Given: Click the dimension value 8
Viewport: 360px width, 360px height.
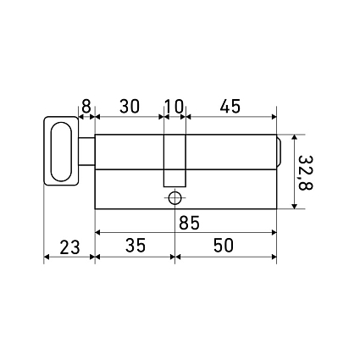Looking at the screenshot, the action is point(86,106).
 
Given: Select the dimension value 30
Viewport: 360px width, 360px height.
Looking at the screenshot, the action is point(130,106).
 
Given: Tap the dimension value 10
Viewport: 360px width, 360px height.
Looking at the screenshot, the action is point(174,106).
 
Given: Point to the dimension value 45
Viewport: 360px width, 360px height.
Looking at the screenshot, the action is point(230,106).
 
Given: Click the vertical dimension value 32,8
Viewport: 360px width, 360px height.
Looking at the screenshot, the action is point(305,172).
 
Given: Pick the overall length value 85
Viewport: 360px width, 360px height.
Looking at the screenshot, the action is point(189,223).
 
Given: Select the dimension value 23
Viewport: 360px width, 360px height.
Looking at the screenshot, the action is point(69,247).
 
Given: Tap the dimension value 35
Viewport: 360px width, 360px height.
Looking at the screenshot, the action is point(136,245).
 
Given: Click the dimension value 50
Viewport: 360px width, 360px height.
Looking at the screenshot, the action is point(224,245).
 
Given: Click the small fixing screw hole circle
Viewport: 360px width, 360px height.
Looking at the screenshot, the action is point(174,197).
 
